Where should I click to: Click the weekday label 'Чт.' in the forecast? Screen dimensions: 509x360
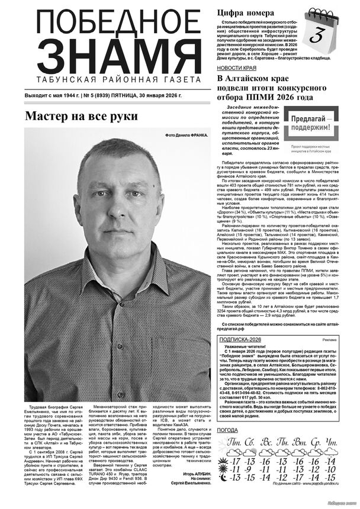coord(331,443)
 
